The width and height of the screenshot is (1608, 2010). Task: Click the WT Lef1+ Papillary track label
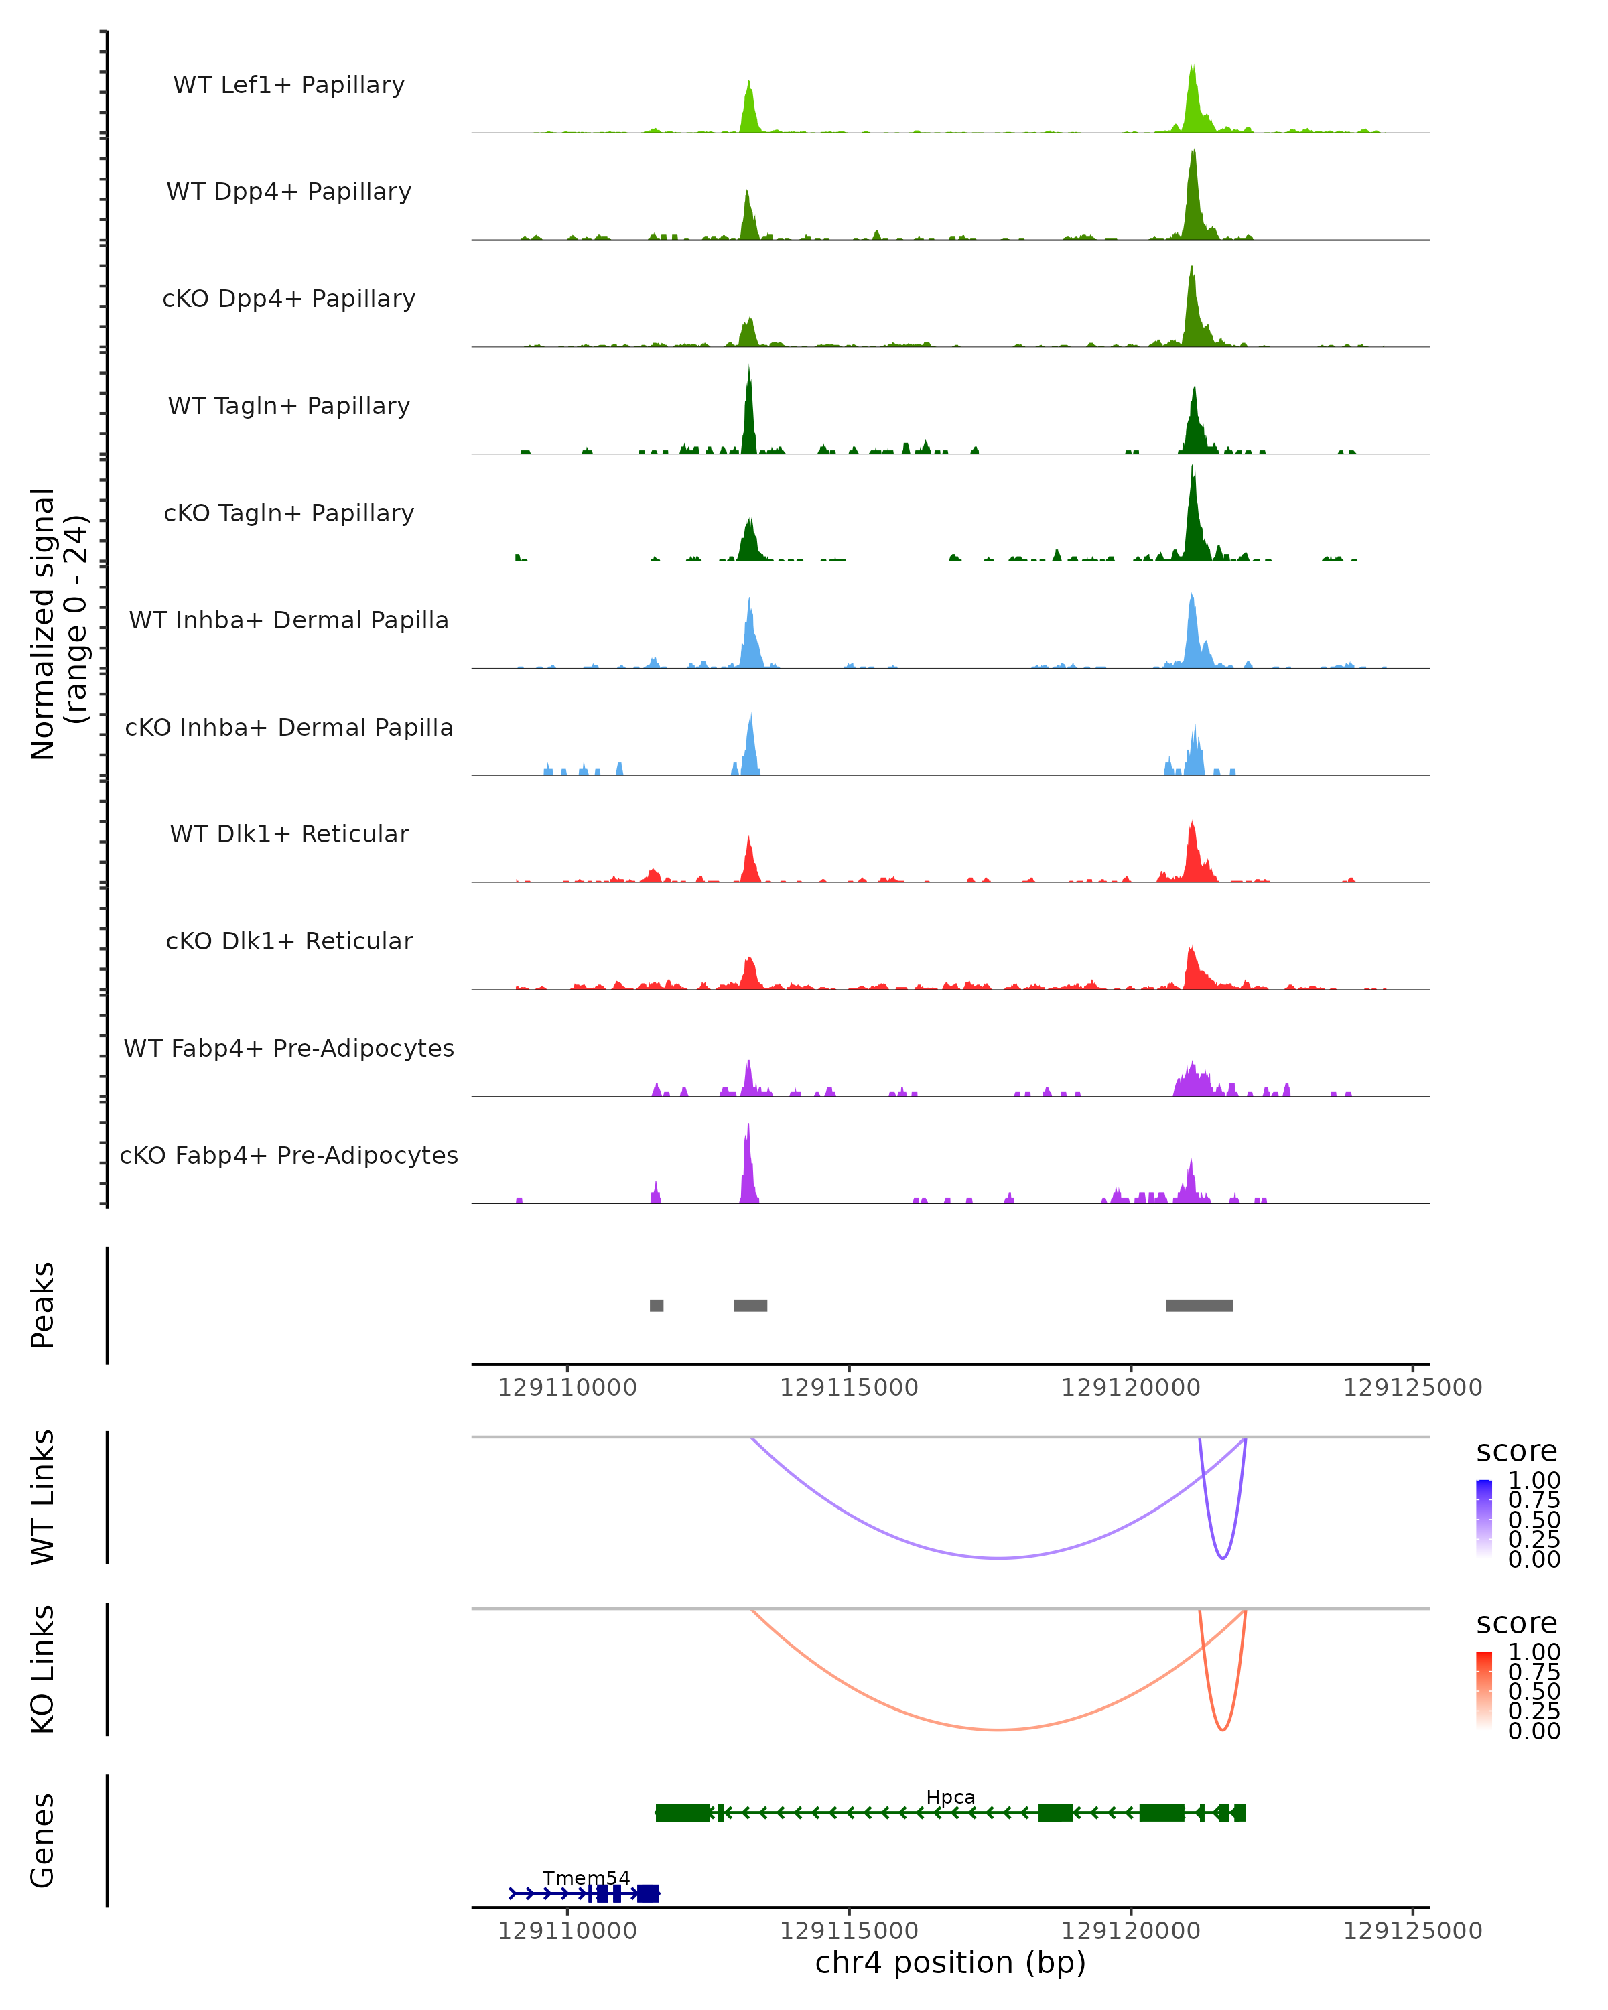289,85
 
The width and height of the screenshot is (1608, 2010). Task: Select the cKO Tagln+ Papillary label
289,513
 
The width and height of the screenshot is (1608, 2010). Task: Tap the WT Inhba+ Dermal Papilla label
289,620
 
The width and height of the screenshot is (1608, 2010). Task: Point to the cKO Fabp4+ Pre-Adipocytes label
289,1155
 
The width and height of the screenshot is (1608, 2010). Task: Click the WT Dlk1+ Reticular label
289,833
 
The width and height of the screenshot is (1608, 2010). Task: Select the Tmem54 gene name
586,1877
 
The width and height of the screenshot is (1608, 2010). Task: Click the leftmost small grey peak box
656,1305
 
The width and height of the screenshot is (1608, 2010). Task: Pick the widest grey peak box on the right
1199,1305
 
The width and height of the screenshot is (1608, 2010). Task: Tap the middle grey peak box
750,1305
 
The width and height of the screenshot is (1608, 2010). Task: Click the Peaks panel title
43,1305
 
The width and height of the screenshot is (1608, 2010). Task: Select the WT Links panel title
43,1497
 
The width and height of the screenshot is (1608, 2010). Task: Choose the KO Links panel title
43,1669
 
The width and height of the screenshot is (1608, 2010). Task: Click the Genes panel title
43,1840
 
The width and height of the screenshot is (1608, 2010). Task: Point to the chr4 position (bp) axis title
950,1962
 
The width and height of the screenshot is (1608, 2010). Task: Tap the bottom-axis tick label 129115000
848,1930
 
